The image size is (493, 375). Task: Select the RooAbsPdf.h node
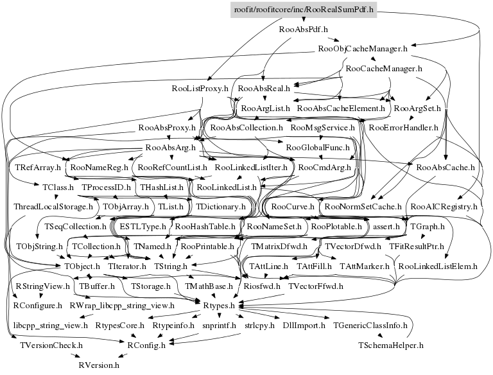pyautogui.click(x=304, y=29)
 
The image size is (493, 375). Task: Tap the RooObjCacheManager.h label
pyautogui.click(x=363, y=48)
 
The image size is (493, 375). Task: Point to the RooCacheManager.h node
pyautogui.click(x=383, y=68)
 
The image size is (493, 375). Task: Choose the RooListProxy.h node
pyautogui.click(x=200, y=88)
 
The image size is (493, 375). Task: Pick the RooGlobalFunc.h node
pyautogui.click(x=315, y=148)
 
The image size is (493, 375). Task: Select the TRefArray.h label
pyautogui.click(x=37, y=168)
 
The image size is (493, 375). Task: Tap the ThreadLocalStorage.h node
pyautogui.click(x=54, y=207)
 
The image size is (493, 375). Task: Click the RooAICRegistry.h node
pyautogui.click(x=444, y=207)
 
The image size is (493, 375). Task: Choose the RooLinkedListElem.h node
pyautogui.click(x=438, y=265)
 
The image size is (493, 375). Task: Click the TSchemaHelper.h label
pyautogui.click(x=391, y=345)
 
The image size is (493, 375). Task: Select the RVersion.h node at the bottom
pyautogui.click(x=99, y=364)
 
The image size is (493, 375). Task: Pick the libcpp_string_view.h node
pyautogui.click(x=51, y=326)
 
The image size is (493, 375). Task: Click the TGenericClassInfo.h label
pyautogui.click(x=370, y=326)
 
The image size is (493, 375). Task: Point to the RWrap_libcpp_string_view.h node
pyautogui.click(x=121, y=306)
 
